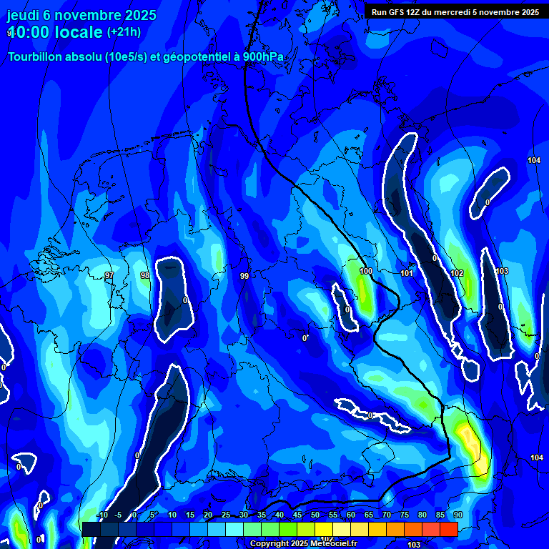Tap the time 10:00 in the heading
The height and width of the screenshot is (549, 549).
(32, 33)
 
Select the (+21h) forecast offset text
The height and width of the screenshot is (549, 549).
(124, 32)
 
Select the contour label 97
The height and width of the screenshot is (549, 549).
(109, 275)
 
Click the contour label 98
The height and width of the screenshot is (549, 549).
(145, 275)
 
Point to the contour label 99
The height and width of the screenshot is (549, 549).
(244, 276)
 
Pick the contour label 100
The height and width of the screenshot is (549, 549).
(366, 272)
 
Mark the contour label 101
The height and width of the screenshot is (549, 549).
(407, 273)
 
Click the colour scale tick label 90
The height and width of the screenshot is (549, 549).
(457, 515)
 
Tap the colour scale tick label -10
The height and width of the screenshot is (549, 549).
(102, 515)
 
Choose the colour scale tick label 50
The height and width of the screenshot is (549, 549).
(315, 515)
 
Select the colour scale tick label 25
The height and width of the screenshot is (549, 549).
(226, 515)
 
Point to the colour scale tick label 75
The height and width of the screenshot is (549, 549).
(405, 515)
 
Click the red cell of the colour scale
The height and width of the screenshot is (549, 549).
(448, 529)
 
